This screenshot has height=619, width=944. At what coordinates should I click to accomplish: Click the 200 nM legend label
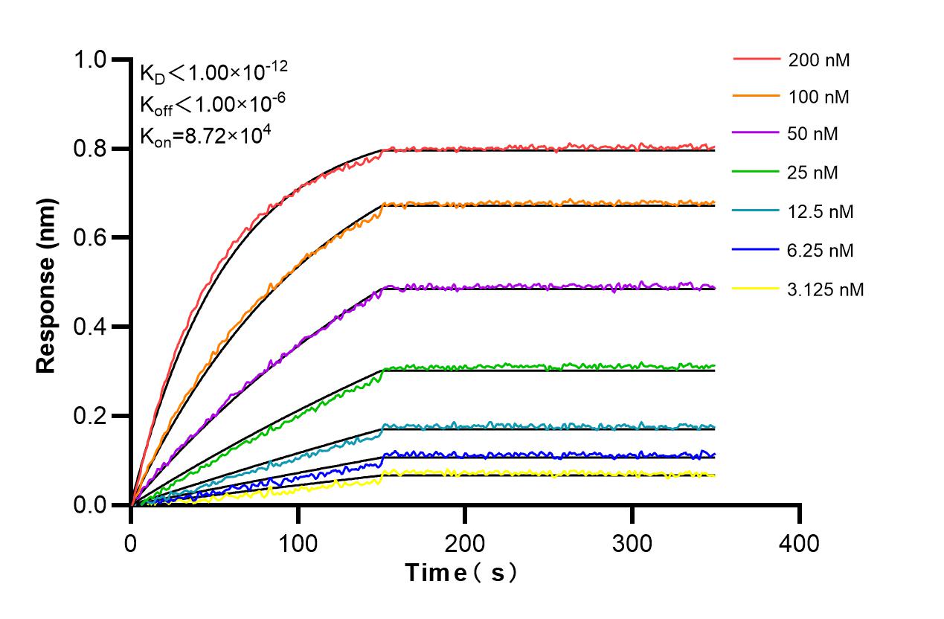[819, 60]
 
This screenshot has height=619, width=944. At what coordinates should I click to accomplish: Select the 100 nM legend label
[819, 97]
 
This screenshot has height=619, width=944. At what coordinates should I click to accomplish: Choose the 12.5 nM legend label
[821, 212]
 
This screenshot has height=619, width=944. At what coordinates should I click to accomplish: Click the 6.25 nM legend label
[821, 251]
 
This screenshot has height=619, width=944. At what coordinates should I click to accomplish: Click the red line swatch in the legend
[757, 59]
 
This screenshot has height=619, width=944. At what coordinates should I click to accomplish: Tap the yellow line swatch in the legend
[757, 288]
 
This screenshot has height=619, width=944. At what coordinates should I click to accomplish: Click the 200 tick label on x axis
[465, 543]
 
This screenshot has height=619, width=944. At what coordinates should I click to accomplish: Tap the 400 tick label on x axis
[800, 543]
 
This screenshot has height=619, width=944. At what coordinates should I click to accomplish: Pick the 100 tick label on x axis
[298, 543]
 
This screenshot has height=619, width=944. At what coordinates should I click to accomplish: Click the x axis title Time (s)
[460, 573]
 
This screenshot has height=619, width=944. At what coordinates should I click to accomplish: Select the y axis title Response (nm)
[47, 286]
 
